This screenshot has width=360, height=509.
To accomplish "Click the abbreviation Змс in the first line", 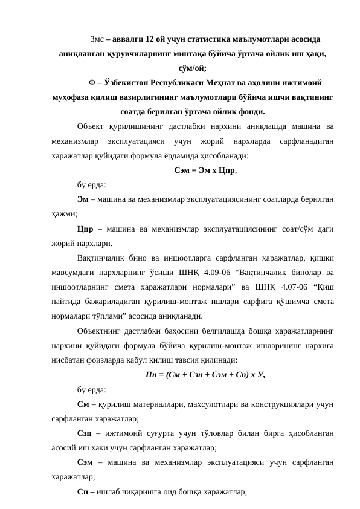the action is pyautogui.click(x=96, y=39).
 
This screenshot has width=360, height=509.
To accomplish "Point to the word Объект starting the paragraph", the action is pyautogui.click(x=91, y=126).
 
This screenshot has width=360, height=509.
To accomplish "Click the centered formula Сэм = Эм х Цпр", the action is pyautogui.click(x=205, y=170).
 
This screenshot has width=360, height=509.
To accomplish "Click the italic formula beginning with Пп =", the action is pyautogui.click(x=205, y=373).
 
